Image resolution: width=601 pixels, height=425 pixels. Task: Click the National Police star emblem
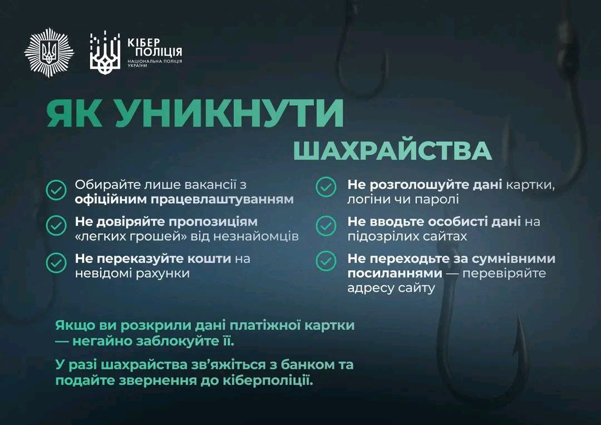(x=48, y=52)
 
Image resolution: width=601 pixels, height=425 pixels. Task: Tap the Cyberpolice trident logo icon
(x=105, y=53)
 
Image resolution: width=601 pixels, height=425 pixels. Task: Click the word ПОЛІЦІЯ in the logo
(x=159, y=52)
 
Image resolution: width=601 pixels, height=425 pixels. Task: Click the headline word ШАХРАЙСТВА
(x=392, y=151)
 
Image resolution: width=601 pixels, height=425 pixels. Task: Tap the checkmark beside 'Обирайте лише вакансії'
(x=56, y=190)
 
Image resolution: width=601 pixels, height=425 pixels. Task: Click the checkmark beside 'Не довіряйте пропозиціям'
(x=56, y=226)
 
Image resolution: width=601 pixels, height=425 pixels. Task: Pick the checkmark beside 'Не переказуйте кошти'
(x=56, y=263)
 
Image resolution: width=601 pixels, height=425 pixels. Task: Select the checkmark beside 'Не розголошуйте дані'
(x=326, y=187)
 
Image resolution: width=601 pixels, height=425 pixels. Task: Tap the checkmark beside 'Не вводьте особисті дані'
(x=326, y=226)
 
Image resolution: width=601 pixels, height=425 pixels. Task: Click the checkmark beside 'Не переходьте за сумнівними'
(x=326, y=261)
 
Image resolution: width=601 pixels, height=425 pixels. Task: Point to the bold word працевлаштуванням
(x=222, y=200)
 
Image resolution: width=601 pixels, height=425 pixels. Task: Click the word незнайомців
(x=255, y=236)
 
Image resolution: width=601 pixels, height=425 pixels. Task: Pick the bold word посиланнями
(x=395, y=273)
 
